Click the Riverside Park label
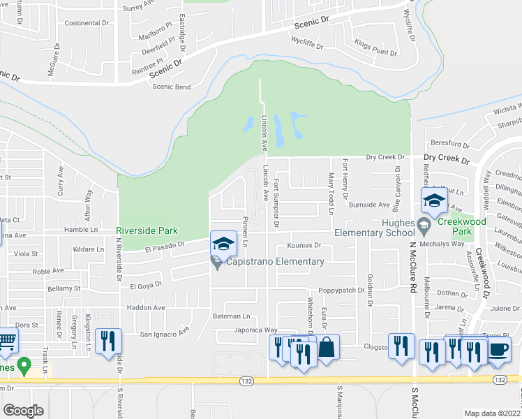(147, 230)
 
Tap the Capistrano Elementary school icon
(223, 244)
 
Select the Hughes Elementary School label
(375, 233)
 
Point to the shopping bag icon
(327, 348)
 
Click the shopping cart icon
(7, 341)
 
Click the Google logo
(23, 411)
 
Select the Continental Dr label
(87, 23)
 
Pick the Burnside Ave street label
(369, 205)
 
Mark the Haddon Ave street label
(146, 307)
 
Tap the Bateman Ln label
(231, 316)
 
